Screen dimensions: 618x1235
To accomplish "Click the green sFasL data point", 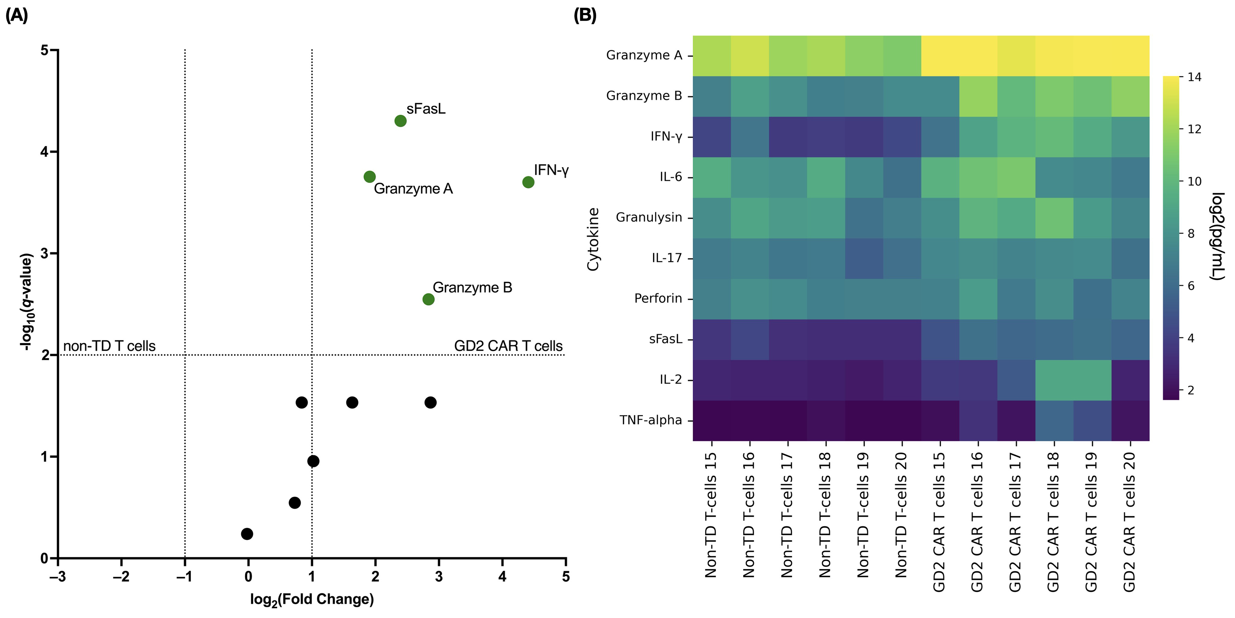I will [400, 121].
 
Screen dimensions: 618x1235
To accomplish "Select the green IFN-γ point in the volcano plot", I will [528, 182].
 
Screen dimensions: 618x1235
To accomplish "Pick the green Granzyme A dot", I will [369, 177].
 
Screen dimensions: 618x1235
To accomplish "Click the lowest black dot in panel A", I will [247, 534].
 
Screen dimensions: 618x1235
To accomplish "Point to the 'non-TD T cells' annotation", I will [109, 346].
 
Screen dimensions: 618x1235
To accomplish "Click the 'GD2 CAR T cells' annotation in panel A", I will [508, 346].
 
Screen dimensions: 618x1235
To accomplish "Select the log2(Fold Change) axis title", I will [312, 599].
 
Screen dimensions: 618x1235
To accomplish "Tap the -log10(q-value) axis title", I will [27, 301].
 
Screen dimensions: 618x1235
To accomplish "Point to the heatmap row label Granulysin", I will [648, 217].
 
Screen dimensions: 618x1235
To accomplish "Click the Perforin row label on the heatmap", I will [658, 298].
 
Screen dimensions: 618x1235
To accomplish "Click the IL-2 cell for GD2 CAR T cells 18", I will [1054, 380].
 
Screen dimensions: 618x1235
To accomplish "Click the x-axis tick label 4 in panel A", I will [502, 576].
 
